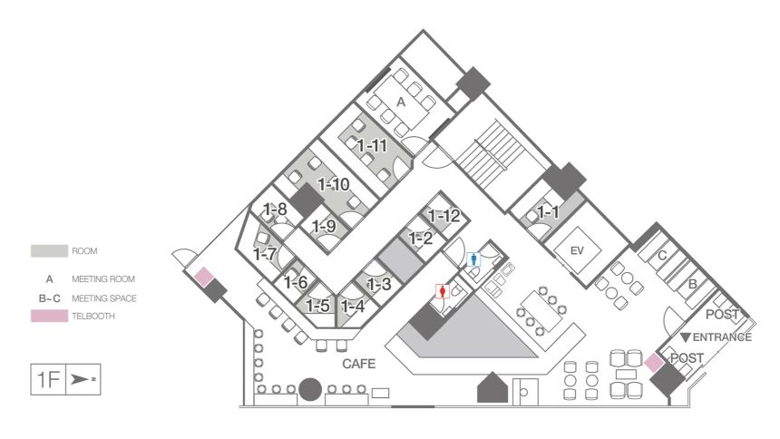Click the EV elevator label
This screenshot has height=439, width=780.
pos(577,251)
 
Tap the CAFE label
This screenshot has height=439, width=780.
pos(358,364)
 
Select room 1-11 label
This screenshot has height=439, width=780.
pos(372,145)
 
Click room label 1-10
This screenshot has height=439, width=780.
pos(334,185)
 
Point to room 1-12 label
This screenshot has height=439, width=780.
pos(444,216)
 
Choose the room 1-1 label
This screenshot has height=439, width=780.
pos(548,212)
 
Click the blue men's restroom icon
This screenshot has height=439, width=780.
pos(474,259)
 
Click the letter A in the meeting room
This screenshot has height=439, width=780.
pos(401,102)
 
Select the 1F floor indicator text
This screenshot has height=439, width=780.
pos(48,380)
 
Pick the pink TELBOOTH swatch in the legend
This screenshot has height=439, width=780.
pos(49,316)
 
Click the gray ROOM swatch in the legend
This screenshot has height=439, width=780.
pos(49,251)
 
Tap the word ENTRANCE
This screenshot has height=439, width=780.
pos(722,337)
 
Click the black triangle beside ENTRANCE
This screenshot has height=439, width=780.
pos(686,338)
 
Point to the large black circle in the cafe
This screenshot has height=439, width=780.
pos(310,389)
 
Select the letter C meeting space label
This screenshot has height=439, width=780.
pos(662,256)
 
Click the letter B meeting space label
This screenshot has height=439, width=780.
pos(692,285)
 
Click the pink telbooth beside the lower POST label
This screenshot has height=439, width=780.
pos(654,363)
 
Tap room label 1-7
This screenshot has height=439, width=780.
pos(265,254)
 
